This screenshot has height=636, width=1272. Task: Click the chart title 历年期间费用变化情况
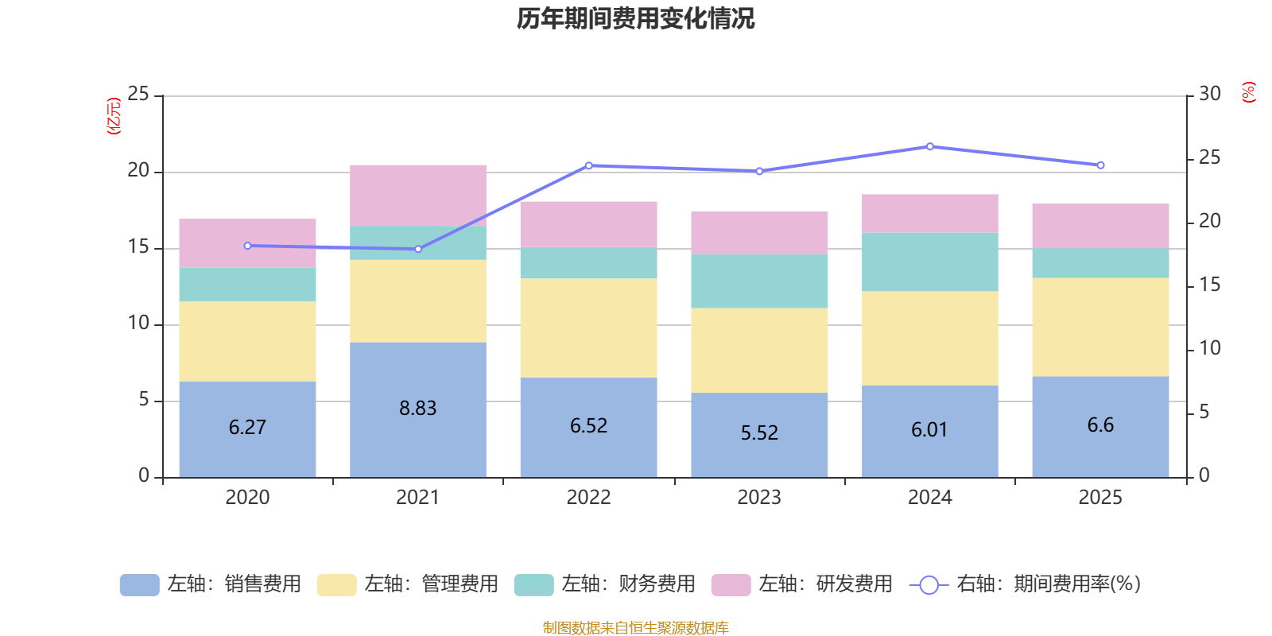pos(635,18)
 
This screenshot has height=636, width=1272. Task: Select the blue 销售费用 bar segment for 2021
pos(418,374)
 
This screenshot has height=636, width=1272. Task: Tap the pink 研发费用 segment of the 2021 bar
pos(418,195)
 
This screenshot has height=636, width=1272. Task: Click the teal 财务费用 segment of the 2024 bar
pos(930,262)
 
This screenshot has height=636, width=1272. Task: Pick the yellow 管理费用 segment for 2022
pos(588,328)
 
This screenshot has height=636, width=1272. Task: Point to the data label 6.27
pos(247,428)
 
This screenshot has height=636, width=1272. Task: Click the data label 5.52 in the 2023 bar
pos(759,433)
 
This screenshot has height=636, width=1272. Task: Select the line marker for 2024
pos(930,146)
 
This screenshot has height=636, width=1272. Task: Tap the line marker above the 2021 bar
pos(418,249)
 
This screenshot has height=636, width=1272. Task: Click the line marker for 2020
pos(247,246)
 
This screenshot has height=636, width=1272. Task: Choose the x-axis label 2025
pos(1100,498)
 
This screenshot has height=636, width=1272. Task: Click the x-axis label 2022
pos(588,498)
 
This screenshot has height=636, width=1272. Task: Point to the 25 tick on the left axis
pos(138,95)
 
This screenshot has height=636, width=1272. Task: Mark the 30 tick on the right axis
pos(1210,95)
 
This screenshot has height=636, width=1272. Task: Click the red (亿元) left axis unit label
pos(114,116)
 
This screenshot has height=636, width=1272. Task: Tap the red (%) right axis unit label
pos(1249,92)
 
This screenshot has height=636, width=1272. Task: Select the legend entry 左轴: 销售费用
pos(211,584)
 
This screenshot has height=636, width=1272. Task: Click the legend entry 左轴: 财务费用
pos(605,584)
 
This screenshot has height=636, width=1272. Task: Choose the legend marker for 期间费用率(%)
pos(929,585)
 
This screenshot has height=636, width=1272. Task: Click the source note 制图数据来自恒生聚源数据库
pos(635,628)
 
